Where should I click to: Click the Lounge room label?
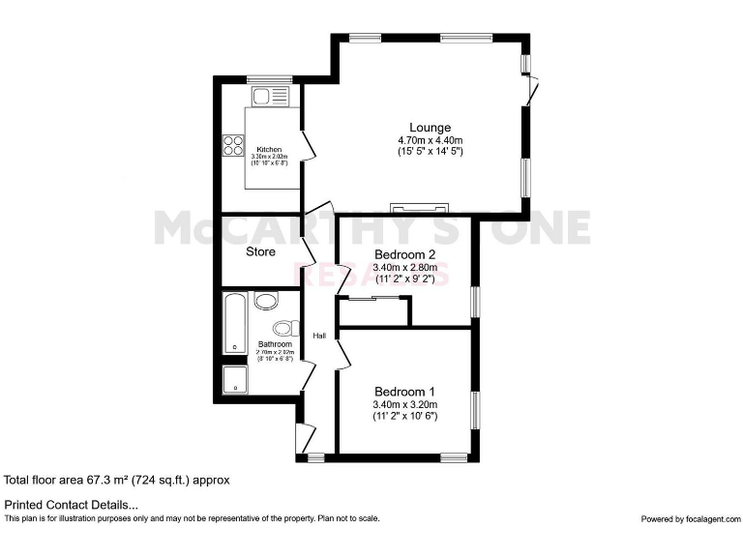pos(430,128)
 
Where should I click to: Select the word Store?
pos(260,251)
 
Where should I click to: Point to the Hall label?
pos(319,336)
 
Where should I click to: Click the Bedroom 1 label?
pos(404,392)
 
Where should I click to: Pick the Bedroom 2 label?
pos(404,255)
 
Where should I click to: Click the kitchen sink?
pos(262,97)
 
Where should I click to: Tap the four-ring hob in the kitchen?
pos(233,145)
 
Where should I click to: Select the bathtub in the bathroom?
pos(233,324)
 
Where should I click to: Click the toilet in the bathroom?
pos(283,329)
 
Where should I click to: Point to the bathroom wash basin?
pos(266,301)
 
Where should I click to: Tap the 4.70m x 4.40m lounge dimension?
pos(430,140)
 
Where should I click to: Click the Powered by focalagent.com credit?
pos(688,519)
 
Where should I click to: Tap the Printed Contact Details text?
pos(72,505)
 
